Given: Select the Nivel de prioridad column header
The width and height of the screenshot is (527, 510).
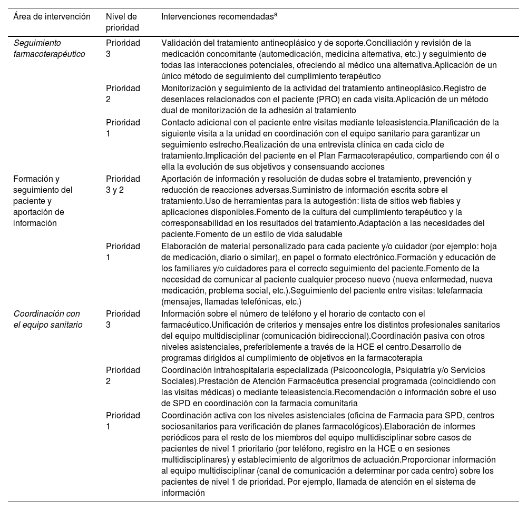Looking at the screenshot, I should pos(122,22).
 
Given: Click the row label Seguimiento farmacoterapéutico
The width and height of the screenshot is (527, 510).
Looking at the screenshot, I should pos(48,48).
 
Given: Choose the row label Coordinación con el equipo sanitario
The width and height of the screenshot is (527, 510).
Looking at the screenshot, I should pos(47,319).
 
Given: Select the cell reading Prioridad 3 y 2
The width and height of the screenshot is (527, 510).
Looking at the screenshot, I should pos(123,184).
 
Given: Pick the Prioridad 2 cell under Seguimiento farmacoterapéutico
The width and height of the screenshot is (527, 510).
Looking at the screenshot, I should pos(123,94).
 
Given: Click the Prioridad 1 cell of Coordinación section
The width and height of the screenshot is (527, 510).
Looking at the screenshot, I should pos(123,420).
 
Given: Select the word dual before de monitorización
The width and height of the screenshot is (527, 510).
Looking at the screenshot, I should pos(172,111).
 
